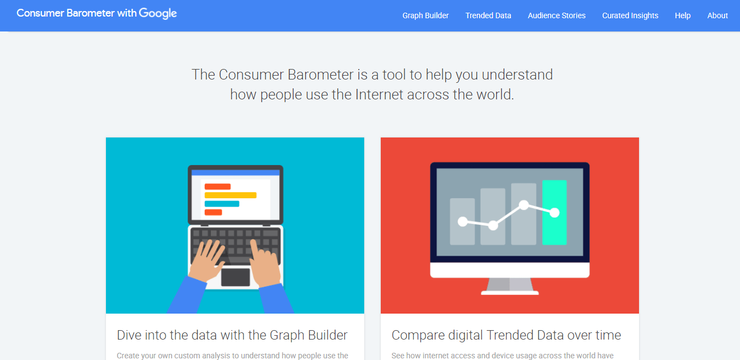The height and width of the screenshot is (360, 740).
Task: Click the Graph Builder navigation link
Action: [x=425, y=15]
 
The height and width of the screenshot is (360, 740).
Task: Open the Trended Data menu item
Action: [x=488, y=15]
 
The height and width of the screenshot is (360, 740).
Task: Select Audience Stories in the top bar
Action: [x=556, y=15]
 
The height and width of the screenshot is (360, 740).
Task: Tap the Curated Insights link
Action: [x=630, y=15]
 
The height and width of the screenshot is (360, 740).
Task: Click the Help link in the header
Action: [x=683, y=15]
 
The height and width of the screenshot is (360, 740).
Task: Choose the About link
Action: [x=717, y=15]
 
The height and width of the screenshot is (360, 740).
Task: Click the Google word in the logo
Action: [x=158, y=14]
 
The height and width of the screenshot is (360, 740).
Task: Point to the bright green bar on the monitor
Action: [x=555, y=212]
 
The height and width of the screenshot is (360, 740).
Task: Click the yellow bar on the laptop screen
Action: [x=230, y=195]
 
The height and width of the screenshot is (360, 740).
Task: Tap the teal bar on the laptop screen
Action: [x=222, y=204]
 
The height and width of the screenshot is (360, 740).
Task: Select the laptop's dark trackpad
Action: [x=236, y=277]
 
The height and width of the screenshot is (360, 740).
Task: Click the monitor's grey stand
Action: [x=510, y=285]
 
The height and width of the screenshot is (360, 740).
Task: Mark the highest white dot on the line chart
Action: [x=524, y=205]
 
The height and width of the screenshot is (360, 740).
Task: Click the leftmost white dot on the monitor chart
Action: [x=462, y=221]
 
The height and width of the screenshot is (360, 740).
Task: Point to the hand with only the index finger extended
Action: [x=265, y=263]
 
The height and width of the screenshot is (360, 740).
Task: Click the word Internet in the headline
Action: [x=379, y=94]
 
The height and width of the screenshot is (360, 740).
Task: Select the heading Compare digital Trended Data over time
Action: [x=506, y=335]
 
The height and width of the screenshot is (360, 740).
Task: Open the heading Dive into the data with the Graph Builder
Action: [x=232, y=335]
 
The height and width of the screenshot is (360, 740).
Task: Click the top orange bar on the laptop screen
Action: [x=217, y=187]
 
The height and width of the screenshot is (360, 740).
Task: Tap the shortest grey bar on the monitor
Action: [x=462, y=221]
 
